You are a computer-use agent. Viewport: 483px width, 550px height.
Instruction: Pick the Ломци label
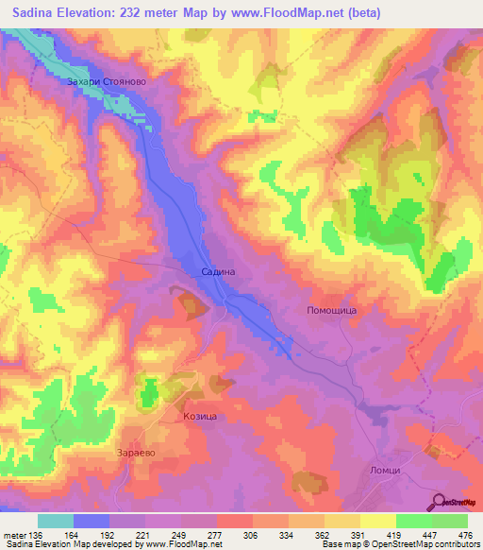pyautogui.click(x=386, y=471)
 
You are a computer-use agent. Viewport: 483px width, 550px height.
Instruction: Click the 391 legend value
pyautogui.click(x=357, y=536)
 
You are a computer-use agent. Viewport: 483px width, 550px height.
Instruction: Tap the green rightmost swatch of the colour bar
pyautogui.click(x=450, y=521)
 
